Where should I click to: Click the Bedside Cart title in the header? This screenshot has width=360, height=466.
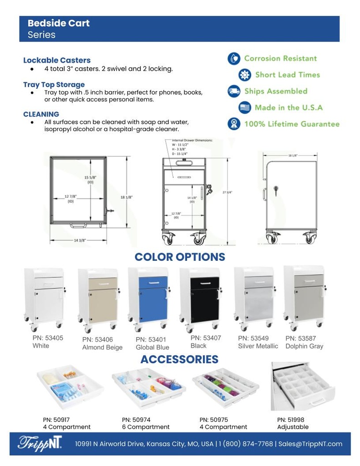(x=58, y=23)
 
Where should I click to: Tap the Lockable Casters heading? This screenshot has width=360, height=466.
(x=57, y=60)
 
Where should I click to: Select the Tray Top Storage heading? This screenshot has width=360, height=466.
(x=54, y=85)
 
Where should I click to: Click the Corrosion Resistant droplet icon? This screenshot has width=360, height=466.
(x=234, y=59)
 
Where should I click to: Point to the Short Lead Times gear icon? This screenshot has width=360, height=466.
(x=245, y=75)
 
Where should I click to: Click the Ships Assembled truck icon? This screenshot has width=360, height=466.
(x=234, y=91)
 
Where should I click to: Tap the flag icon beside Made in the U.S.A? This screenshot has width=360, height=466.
(x=245, y=108)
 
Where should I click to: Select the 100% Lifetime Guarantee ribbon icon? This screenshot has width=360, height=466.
(x=234, y=124)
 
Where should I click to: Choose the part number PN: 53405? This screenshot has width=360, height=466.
(x=48, y=338)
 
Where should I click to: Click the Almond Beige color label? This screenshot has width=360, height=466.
(x=102, y=347)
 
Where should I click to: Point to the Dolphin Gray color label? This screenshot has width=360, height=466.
(x=304, y=346)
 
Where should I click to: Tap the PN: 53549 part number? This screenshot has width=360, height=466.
(x=254, y=338)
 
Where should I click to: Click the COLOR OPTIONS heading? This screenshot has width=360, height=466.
(x=180, y=257)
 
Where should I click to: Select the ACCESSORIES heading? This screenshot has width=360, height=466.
(x=179, y=360)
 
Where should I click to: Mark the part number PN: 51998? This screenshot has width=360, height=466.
(x=291, y=420)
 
